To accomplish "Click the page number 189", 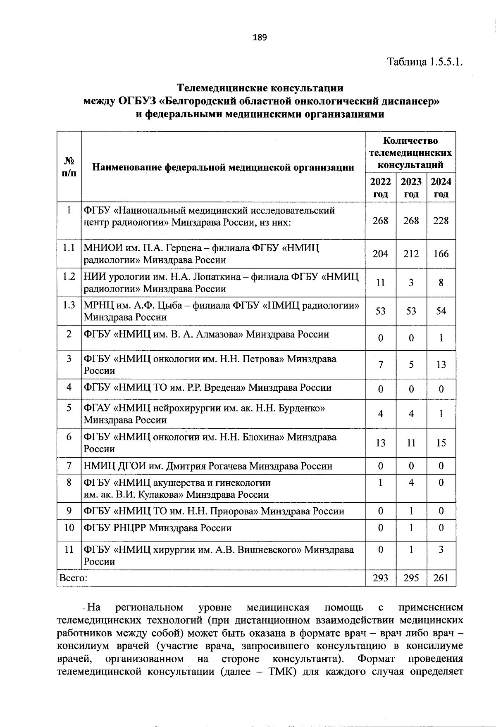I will tap(260, 38).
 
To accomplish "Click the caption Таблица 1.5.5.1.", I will tap(424, 62).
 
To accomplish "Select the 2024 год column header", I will tap(441, 188).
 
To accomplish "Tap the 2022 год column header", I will tap(380, 188).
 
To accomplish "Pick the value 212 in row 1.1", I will tap(411, 254).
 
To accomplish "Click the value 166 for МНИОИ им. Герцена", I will tap(441, 254).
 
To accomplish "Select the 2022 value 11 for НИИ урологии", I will tap(380, 283).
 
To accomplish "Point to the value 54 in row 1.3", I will tap(441, 311).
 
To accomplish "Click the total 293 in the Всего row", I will tap(380, 578).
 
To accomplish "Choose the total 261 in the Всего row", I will tap(441, 578).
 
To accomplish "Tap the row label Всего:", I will tap(73, 578).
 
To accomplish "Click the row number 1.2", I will tap(69, 276).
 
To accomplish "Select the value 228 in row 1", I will tap(441, 221).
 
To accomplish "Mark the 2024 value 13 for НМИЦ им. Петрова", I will tap(441, 364).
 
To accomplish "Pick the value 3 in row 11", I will tap(441, 549).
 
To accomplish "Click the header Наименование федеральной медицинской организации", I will tap(223, 167).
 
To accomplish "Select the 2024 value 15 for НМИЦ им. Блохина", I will tap(441, 443).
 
